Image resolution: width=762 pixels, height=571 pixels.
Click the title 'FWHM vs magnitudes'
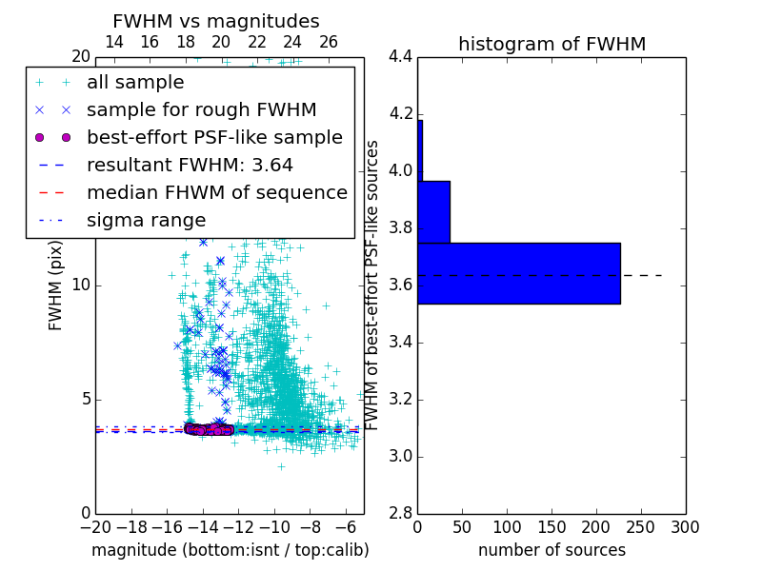(x=216, y=21)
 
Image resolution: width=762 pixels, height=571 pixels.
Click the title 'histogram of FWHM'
(x=551, y=44)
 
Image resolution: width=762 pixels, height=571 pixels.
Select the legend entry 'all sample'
(x=135, y=83)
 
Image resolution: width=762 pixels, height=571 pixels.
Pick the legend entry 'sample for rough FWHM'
(x=201, y=109)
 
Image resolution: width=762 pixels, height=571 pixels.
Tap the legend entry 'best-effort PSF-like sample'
(x=214, y=137)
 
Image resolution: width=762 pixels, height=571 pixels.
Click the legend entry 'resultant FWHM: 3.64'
(x=190, y=165)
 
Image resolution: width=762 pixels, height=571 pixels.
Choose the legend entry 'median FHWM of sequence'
(x=216, y=192)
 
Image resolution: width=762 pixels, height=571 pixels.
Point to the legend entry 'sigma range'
(x=146, y=220)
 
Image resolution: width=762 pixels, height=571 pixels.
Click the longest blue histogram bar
(x=518, y=273)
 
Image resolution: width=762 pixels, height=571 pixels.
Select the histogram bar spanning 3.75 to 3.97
(x=433, y=211)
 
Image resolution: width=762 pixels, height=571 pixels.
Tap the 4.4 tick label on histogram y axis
(x=401, y=56)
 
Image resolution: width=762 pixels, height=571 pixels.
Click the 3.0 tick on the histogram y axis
(x=401, y=456)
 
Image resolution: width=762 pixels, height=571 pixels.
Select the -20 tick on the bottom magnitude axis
(x=95, y=527)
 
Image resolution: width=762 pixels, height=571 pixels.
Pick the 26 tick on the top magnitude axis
(x=329, y=42)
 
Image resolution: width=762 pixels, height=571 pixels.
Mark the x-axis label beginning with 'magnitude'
(x=230, y=550)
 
